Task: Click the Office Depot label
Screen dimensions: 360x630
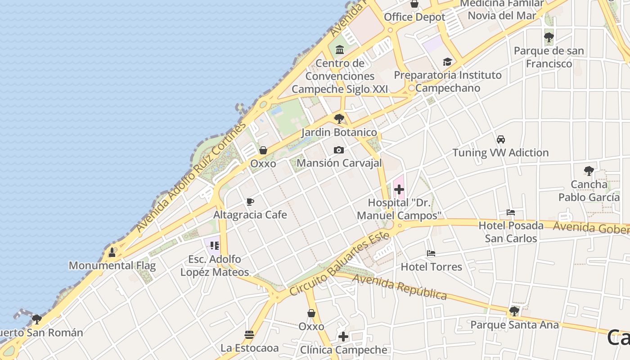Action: (x=414, y=17)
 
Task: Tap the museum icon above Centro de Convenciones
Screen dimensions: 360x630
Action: (x=340, y=49)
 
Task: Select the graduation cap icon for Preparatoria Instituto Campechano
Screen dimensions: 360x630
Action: (x=447, y=62)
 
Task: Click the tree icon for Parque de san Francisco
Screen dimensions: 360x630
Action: (x=549, y=37)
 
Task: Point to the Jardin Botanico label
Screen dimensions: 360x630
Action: (x=339, y=132)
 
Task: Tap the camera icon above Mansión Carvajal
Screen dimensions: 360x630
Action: (x=339, y=150)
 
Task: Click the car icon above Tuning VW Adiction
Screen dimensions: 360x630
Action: (x=500, y=139)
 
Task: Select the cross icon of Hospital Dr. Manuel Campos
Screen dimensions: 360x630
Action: (x=399, y=189)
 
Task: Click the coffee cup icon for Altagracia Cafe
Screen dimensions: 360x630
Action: (x=250, y=202)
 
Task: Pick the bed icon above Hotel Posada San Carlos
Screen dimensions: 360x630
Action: (x=511, y=212)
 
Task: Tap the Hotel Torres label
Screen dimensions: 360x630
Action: (x=431, y=267)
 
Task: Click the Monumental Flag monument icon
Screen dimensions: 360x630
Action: (x=112, y=252)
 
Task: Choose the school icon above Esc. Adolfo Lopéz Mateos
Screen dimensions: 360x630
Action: (x=214, y=246)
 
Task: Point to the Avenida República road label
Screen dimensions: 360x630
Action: (x=400, y=286)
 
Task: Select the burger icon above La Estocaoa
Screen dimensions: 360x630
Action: (x=249, y=335)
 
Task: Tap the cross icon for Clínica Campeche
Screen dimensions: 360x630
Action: (x=343, y=337)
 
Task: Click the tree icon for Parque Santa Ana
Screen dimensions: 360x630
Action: (x=514, y=311)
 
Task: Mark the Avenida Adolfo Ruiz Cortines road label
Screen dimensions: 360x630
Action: (x=191, y=176)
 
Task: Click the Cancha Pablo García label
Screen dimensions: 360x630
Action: (x=589, y=191)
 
